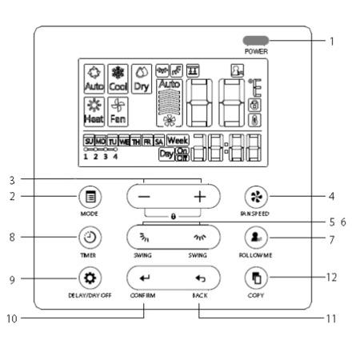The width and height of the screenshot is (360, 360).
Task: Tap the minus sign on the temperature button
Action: [x=143, y=196]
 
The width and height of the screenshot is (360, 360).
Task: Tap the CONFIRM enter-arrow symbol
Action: [x=145, y=278]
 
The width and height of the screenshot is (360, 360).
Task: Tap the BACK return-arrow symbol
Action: [x=200, y=278]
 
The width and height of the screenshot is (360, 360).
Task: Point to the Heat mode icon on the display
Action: [x=94, y=110]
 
